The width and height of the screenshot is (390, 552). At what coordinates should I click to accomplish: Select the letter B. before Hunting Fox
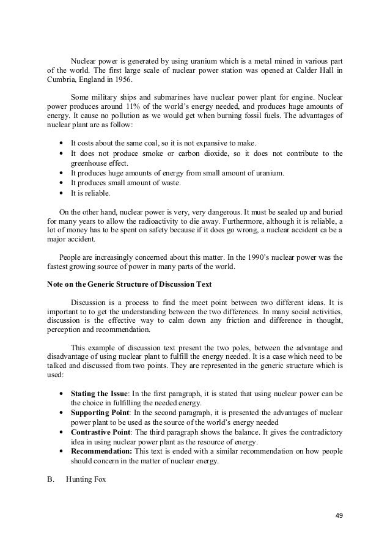[51, 479]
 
